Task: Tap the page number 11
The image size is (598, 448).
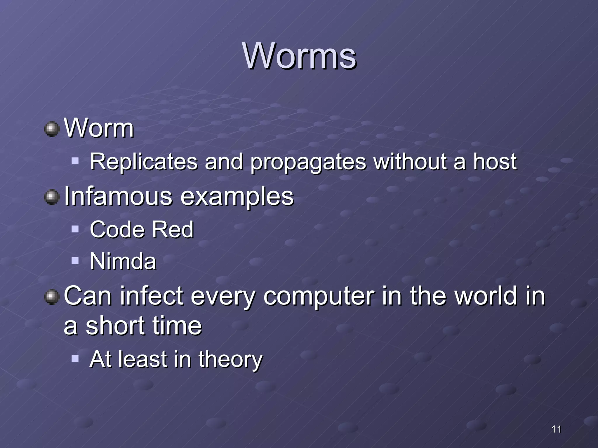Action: [556, 429]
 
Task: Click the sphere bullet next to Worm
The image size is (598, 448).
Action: [52, 129]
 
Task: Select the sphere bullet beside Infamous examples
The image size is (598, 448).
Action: [52, 197]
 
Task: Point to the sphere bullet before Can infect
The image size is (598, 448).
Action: [52, 297]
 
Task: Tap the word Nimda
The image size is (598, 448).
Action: [123, 261]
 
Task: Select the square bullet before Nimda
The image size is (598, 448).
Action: [75, 260]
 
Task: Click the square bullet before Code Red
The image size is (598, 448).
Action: [75, 229]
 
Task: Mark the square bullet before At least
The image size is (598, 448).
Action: [75, 358]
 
